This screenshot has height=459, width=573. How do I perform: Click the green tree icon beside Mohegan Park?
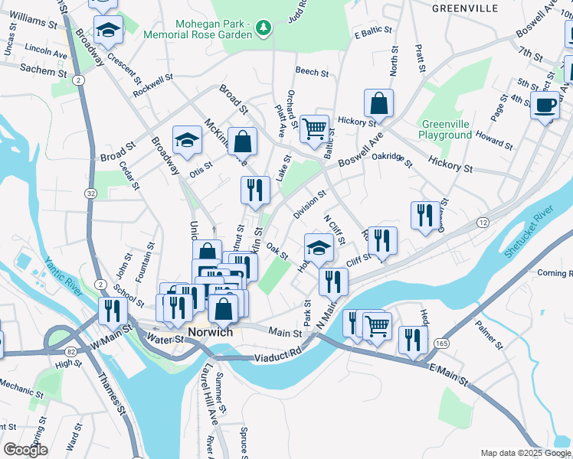pos(264,28)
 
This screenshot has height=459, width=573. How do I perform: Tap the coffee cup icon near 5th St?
pos(545,105)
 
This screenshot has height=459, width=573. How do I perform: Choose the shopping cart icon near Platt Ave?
pos(314,129)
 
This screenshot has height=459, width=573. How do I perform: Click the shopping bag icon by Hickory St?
pos(378,103)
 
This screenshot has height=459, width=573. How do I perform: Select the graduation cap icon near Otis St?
pos(187,139)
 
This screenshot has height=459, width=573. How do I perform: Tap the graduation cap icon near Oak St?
pos(319,247)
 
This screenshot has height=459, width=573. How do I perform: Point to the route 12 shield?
pos(483,222)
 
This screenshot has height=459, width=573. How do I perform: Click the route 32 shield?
pos(91,194)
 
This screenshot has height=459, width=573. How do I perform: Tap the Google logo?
pos(25,450)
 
